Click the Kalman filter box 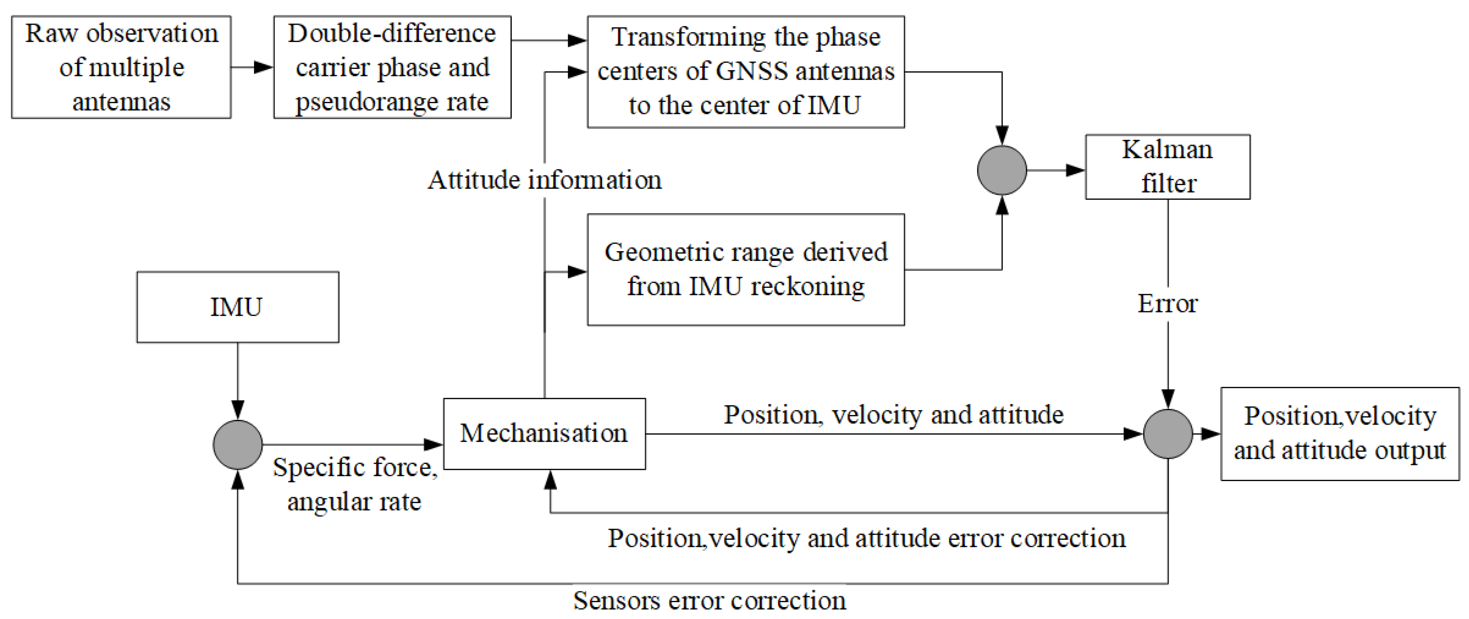[x=1167, y=167]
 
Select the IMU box [x=237, y=307]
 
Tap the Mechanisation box [x=544, y=434]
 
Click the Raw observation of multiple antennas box [x=121, y=67]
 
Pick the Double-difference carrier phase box [x=392, y=67]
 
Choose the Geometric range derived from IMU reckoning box [x=746, y=269]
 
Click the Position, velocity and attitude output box [x=1339, y=434]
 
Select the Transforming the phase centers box [x=746, y=71]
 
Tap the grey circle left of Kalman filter [x=1001, y=170]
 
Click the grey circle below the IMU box [x=237, y=444]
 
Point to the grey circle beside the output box [x=1167, y=434]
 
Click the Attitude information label [x=544, y=180]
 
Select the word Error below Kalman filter [x=1167, y=304]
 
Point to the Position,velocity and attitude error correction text [x=866, y=538]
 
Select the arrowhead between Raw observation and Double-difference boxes [x=263, y=67]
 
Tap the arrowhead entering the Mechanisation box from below [x=550, y=480]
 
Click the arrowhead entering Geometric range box [x=577, y=272]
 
